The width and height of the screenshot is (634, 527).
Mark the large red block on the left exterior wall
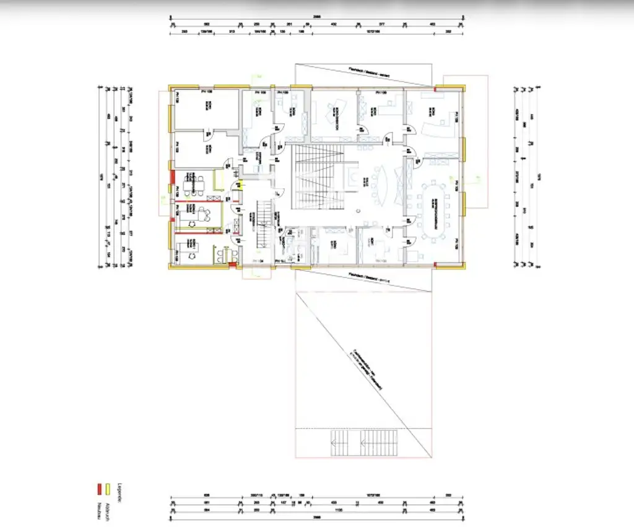point(172,186)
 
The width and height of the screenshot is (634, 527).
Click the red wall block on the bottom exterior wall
point(232,266)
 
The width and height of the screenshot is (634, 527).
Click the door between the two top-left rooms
point(209,132)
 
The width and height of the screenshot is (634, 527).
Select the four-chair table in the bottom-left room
point(220,255)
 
